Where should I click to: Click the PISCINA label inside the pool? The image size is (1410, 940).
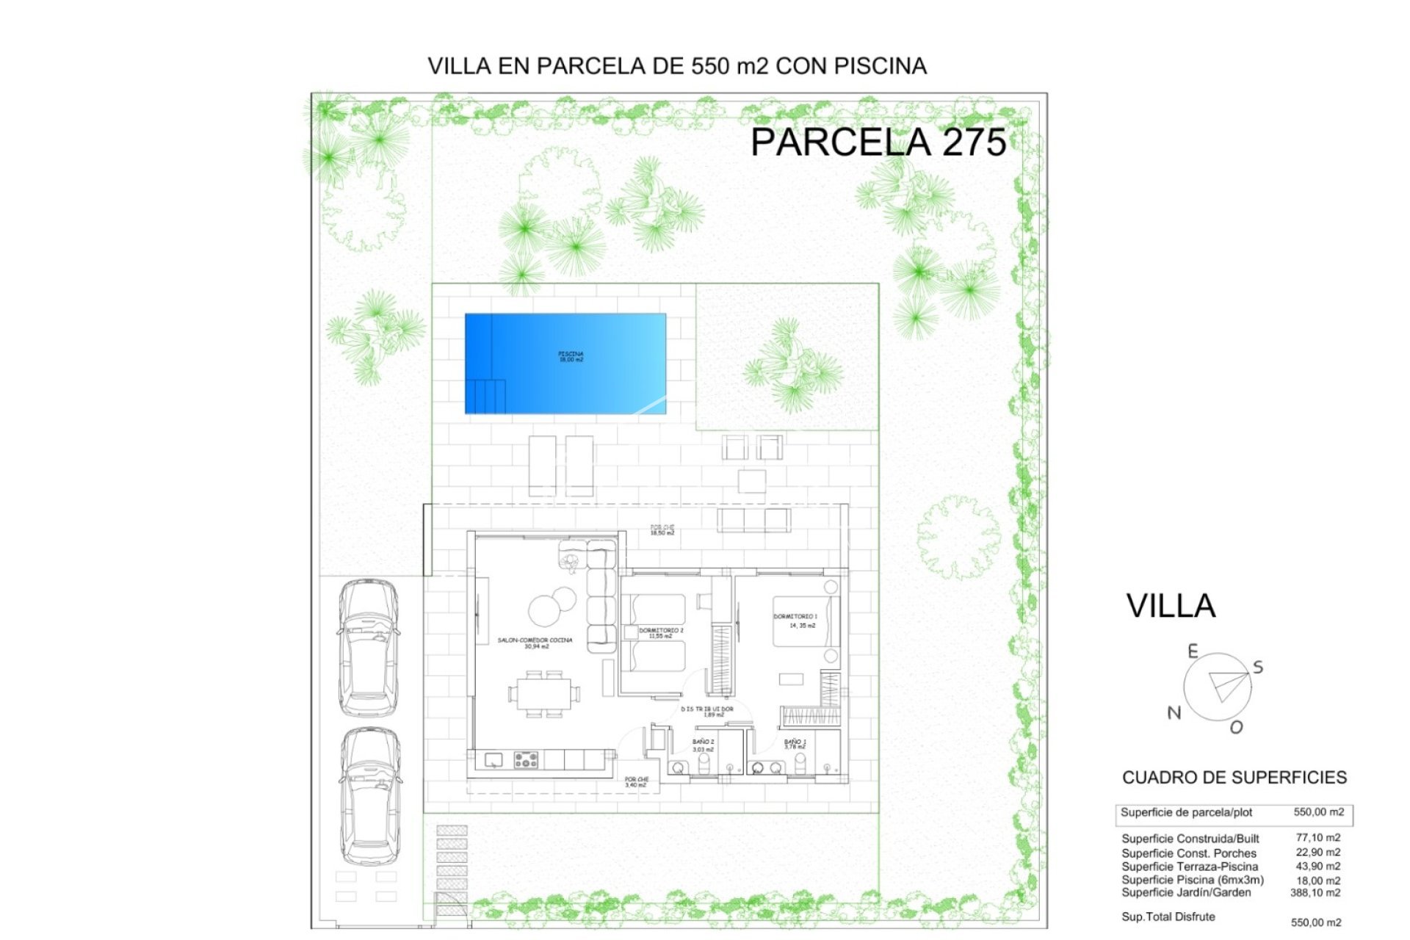[x=571, y=357]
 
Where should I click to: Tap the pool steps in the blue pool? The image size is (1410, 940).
[x=485, y=397]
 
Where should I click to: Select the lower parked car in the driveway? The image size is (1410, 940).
[x=370, y=796]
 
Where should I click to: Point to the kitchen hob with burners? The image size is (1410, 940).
[x=525, y=759]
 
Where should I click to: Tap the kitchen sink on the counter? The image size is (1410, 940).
[x=493, y=759]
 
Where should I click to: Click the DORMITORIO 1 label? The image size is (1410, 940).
[x=795, y=617]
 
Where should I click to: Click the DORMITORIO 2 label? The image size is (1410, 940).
[x=661, y=631]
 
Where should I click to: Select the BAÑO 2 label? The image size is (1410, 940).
[x=703, y=742]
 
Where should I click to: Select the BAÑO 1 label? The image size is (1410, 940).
[x=795, y=742]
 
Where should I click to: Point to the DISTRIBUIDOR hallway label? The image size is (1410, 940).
[x=706, y=709]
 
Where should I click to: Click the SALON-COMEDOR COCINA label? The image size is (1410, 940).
[x=535, y=640]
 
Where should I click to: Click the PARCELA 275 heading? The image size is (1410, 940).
[x=878, y=142]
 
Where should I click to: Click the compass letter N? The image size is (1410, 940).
[x=1174, y=712]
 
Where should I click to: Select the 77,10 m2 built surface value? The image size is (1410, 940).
[x=1317, y=838]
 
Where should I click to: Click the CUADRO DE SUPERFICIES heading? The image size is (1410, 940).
[x=1234, y=778]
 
